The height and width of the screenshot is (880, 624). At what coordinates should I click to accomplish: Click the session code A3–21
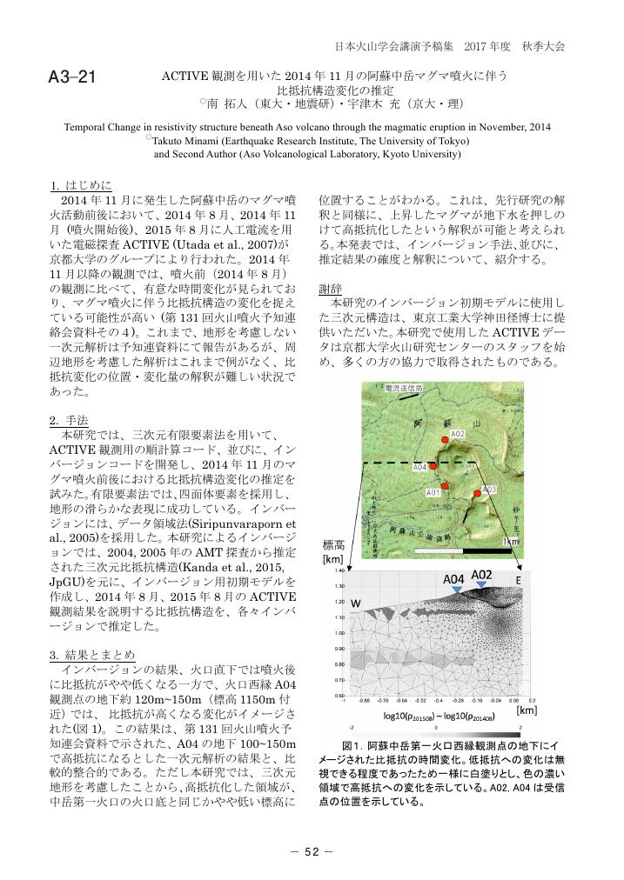point(71,78)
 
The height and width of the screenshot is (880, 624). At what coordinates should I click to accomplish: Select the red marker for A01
point(444,485)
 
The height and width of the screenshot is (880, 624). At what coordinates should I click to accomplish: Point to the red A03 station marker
point(477,493)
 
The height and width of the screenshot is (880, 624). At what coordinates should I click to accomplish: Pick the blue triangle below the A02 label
point(482,586)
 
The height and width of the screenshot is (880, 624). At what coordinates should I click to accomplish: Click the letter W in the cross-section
point(356,604)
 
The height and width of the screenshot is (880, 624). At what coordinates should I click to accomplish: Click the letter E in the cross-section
point(518,581)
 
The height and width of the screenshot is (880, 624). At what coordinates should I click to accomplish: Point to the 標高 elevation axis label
point(335,546)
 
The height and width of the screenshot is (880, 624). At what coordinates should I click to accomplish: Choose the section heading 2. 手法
point(71,420)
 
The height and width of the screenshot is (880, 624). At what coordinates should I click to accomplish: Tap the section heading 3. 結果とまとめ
point(92,654)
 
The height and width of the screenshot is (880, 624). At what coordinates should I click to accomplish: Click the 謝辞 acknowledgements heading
point(331,287)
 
